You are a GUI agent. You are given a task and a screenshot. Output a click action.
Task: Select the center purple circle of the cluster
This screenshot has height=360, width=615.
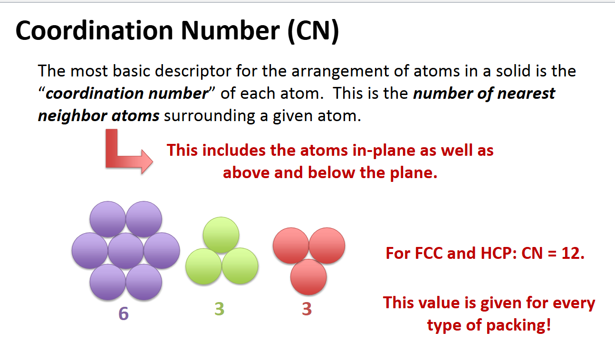(x=126, y=251)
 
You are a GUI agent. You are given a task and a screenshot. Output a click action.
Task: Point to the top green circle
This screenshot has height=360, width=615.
(x=221, y=235)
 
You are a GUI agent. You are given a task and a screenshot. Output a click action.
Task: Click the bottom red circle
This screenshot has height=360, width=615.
(x=308, y=277)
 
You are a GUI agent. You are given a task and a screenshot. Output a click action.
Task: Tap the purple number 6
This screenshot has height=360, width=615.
(x=124, y=313)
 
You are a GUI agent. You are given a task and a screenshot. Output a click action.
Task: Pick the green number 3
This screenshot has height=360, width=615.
(x=219, y=309)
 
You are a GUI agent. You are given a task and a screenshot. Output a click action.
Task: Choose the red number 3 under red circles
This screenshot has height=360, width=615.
(x=307, y=309)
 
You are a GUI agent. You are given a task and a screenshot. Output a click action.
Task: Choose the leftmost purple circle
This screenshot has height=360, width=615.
(x=90, y=251)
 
